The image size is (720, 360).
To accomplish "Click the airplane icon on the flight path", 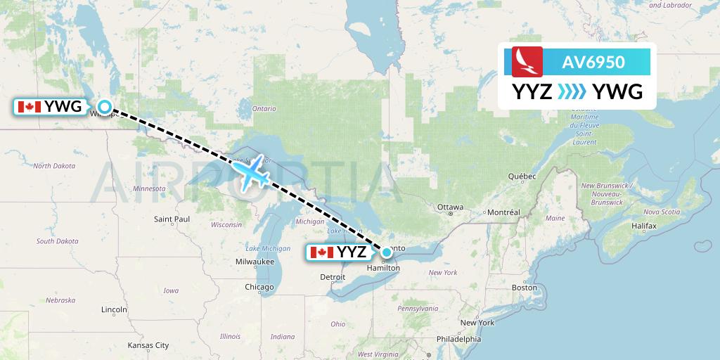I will (251, 172).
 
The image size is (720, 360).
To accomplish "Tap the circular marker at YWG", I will (104, 107).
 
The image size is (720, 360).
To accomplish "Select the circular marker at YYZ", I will (386, 252).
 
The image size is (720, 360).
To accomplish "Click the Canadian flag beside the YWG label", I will (29, 107).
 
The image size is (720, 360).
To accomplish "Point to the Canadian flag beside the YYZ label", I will (321, 252).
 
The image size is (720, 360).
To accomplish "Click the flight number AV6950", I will (593, 63).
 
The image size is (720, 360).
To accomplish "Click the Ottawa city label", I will (450, 207).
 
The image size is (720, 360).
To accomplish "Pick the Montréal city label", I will (503, 212).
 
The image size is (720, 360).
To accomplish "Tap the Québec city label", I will (522, 176).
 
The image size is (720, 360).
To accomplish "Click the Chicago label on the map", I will (259, 287).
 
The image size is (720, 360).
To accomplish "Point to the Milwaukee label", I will (255, 262).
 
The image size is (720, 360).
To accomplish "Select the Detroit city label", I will (333, 277).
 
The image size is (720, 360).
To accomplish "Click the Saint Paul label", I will (172, 219).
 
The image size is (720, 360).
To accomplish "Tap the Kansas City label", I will (148, 345).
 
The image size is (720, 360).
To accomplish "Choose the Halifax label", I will (643, 226).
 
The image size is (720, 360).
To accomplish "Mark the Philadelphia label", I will (458, 339).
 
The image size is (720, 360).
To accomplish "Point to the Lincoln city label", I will (114, 309).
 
